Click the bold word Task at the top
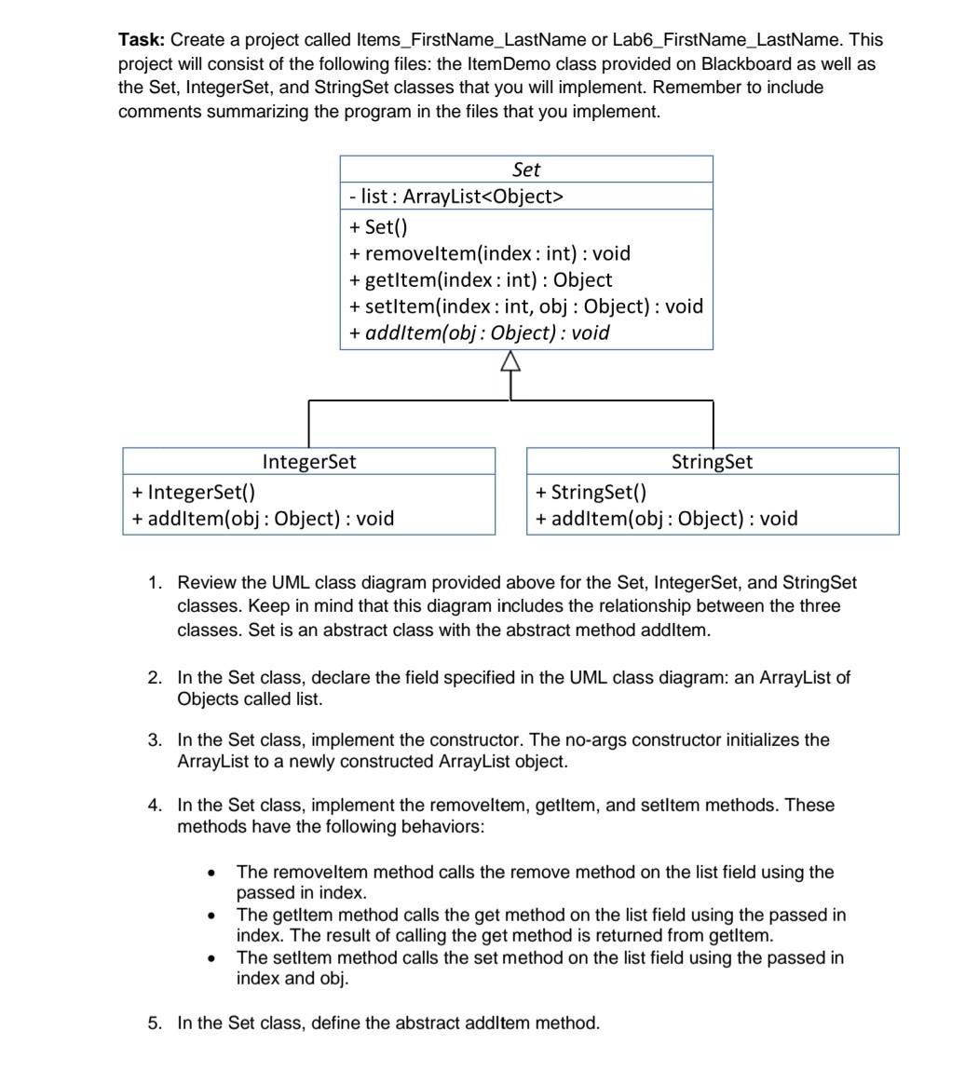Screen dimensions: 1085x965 coord(142,40)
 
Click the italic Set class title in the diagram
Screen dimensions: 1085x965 coord(526,170)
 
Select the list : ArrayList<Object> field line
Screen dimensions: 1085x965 coord(456,197)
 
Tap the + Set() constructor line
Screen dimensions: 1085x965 coord(379,226)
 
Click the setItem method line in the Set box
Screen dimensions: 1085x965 coord(526,306)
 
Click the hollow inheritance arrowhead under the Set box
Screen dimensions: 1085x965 coord(510,362)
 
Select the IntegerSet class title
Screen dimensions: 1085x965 coord(309,461)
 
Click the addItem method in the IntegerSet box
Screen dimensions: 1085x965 coord(264,519)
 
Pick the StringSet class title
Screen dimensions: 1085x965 coord(713,461)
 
